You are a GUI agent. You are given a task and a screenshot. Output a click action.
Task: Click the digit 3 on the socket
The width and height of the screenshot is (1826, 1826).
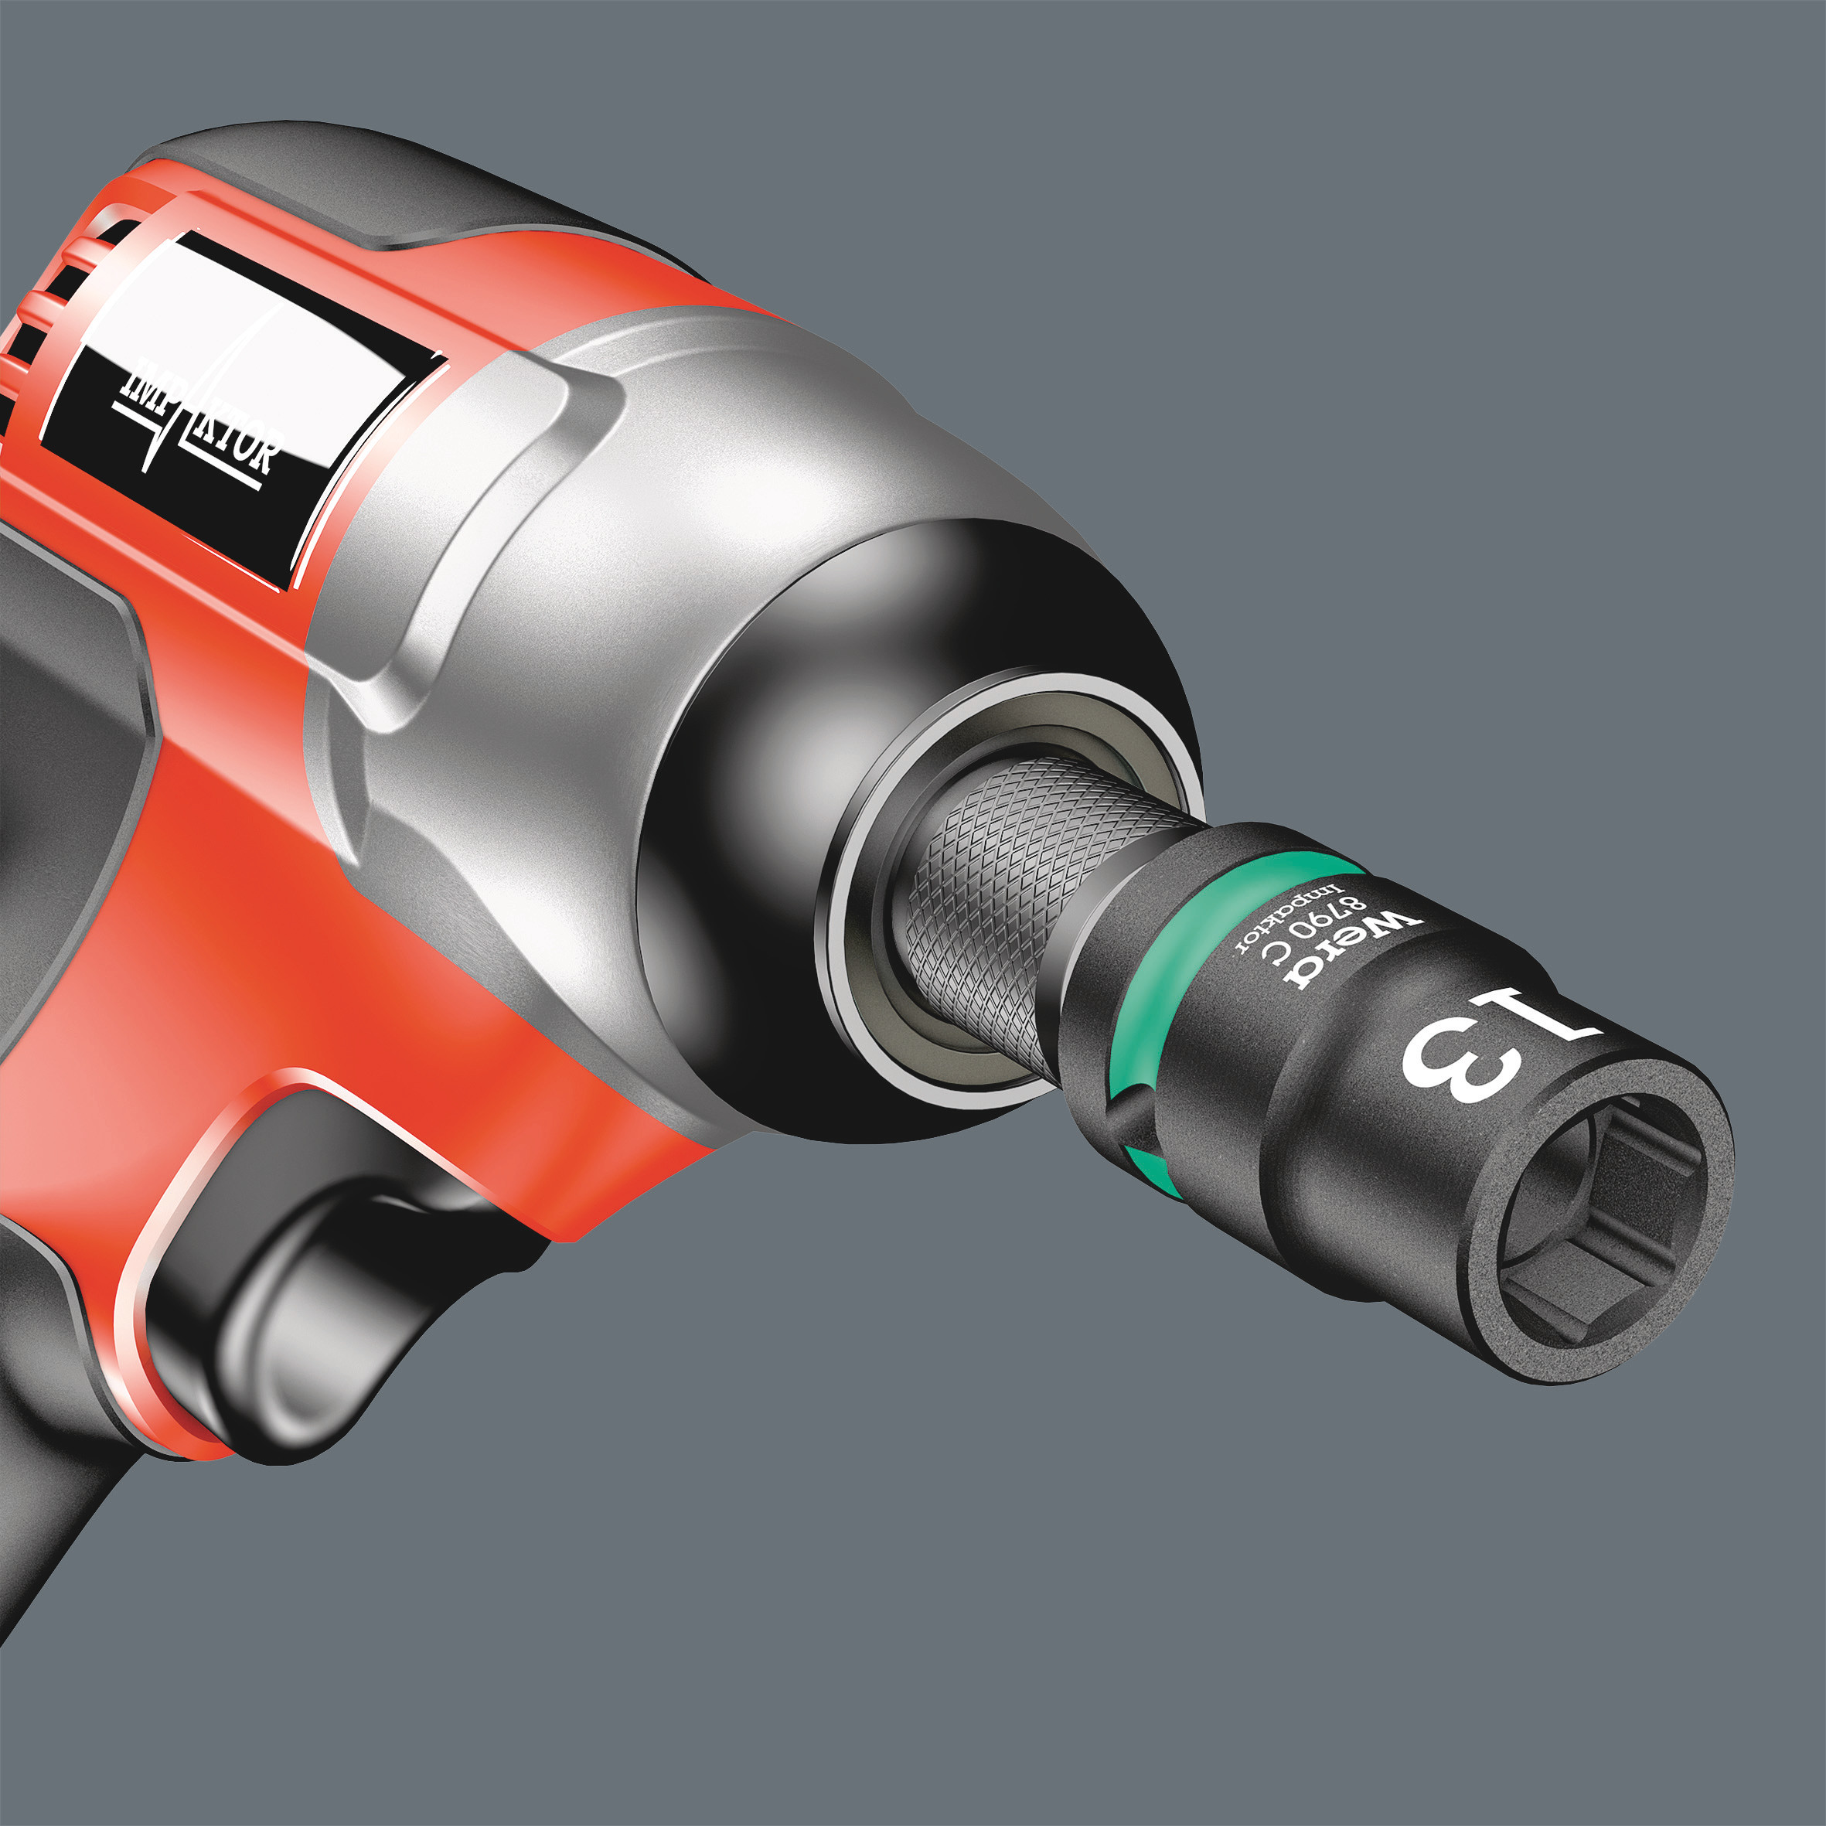(1460, 1063)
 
